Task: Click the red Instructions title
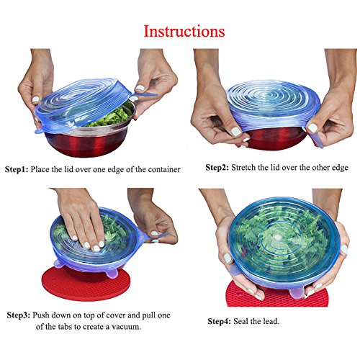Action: click(184, 31)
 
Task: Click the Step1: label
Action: click(17, 169)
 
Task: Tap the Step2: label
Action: click(217, 168)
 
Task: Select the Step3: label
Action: click(19, 315)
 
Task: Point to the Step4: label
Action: click(219, 321)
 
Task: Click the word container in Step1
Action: click(164, 169)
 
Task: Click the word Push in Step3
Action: click(40, 315)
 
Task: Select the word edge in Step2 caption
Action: click(340, 168)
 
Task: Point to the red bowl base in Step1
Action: click(89, 144)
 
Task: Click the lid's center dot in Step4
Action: click(279, 237)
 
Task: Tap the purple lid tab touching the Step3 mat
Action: click(112, 274)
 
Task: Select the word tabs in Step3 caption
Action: click(67, 327)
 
